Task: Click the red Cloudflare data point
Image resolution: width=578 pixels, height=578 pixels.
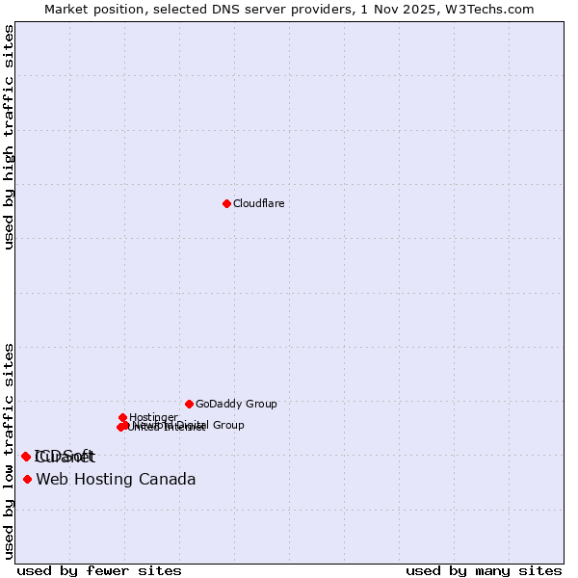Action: click(x=226, y=203)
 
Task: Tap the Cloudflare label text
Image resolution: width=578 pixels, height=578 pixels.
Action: click(x=259, y=204)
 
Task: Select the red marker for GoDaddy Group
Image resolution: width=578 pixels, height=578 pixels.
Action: click(x=189, y=404)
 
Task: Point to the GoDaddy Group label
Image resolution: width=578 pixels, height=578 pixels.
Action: click(x=236, y=405)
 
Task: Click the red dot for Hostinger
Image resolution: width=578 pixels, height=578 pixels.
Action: click(x=123, y=417)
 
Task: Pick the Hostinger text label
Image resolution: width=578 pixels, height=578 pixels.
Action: click(x=154, y=418)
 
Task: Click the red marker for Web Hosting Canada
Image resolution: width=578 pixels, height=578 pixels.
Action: click(x=27, y=479)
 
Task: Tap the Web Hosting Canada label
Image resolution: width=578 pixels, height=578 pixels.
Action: click(x=116, y=480)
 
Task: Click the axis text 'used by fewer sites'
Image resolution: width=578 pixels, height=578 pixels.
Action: click(x=99, y=570)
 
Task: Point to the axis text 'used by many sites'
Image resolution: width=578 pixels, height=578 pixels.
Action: click(x=484, y=570)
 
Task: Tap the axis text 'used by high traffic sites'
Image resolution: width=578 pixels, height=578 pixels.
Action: click(x=9, y=137)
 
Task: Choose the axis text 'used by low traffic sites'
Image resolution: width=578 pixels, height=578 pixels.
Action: click(x=9, y=451)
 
